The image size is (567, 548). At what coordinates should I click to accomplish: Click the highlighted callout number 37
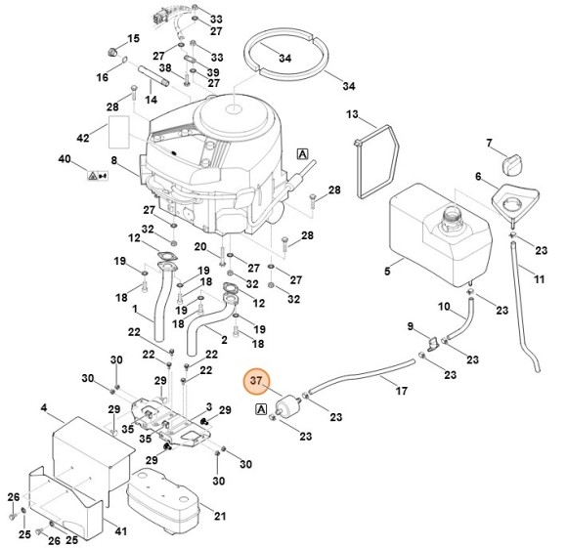pos(256,381)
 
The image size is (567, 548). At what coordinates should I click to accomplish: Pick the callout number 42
pos(84,138)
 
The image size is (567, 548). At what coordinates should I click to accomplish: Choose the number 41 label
pos(121,533)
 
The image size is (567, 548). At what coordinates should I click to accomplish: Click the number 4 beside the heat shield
pos(44,407)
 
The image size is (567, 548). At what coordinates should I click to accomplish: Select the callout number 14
pos(152,100)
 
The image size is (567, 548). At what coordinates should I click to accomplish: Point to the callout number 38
pos(165,68)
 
